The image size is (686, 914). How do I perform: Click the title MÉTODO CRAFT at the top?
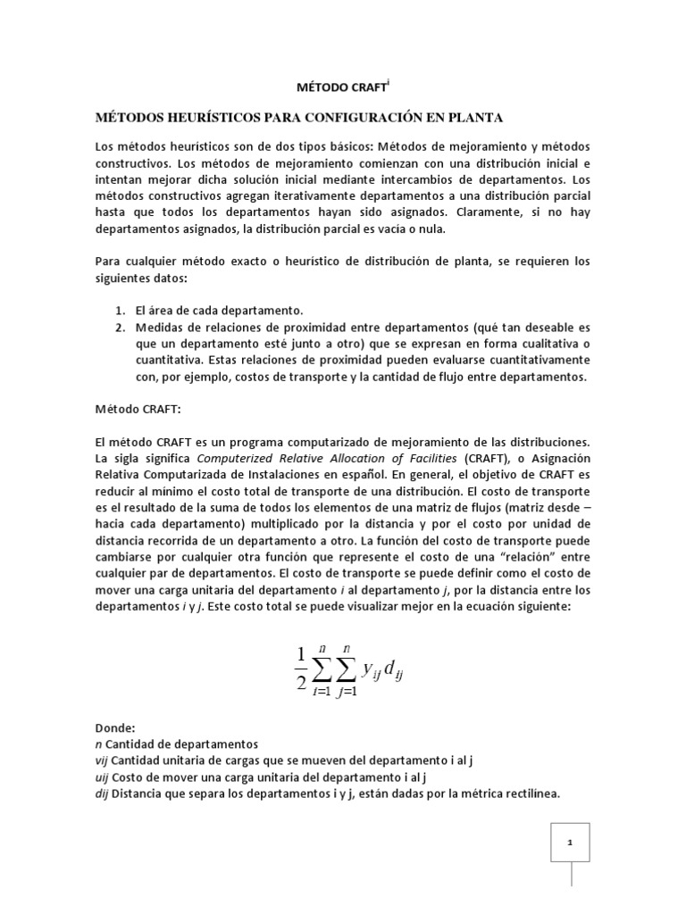coord(341,87)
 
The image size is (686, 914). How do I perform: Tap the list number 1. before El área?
coord(121,310)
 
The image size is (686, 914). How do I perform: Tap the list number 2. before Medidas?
coord(121,327)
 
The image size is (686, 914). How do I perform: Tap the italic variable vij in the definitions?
coord(102,760)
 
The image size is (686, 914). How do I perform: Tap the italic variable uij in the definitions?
coord(102,777)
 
